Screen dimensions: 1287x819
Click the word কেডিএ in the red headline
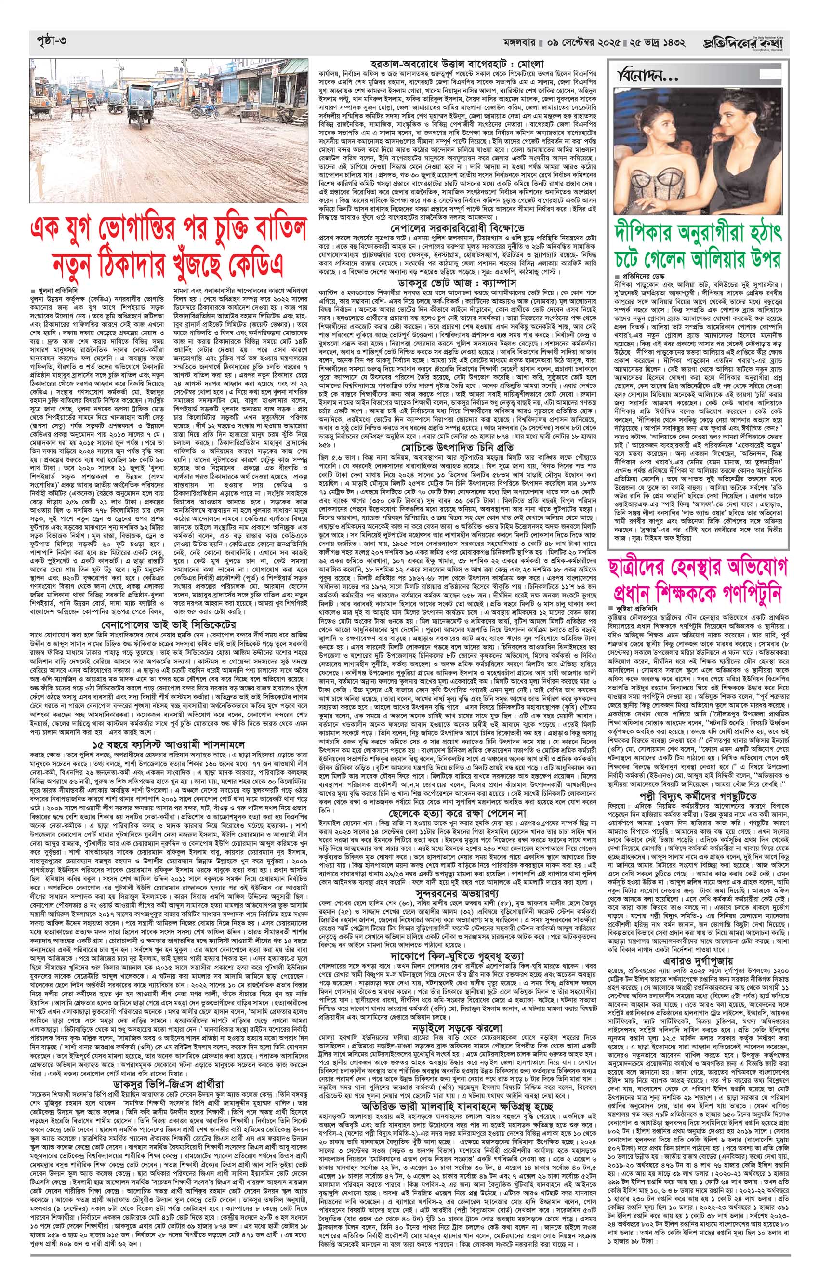tap(255, 264)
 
